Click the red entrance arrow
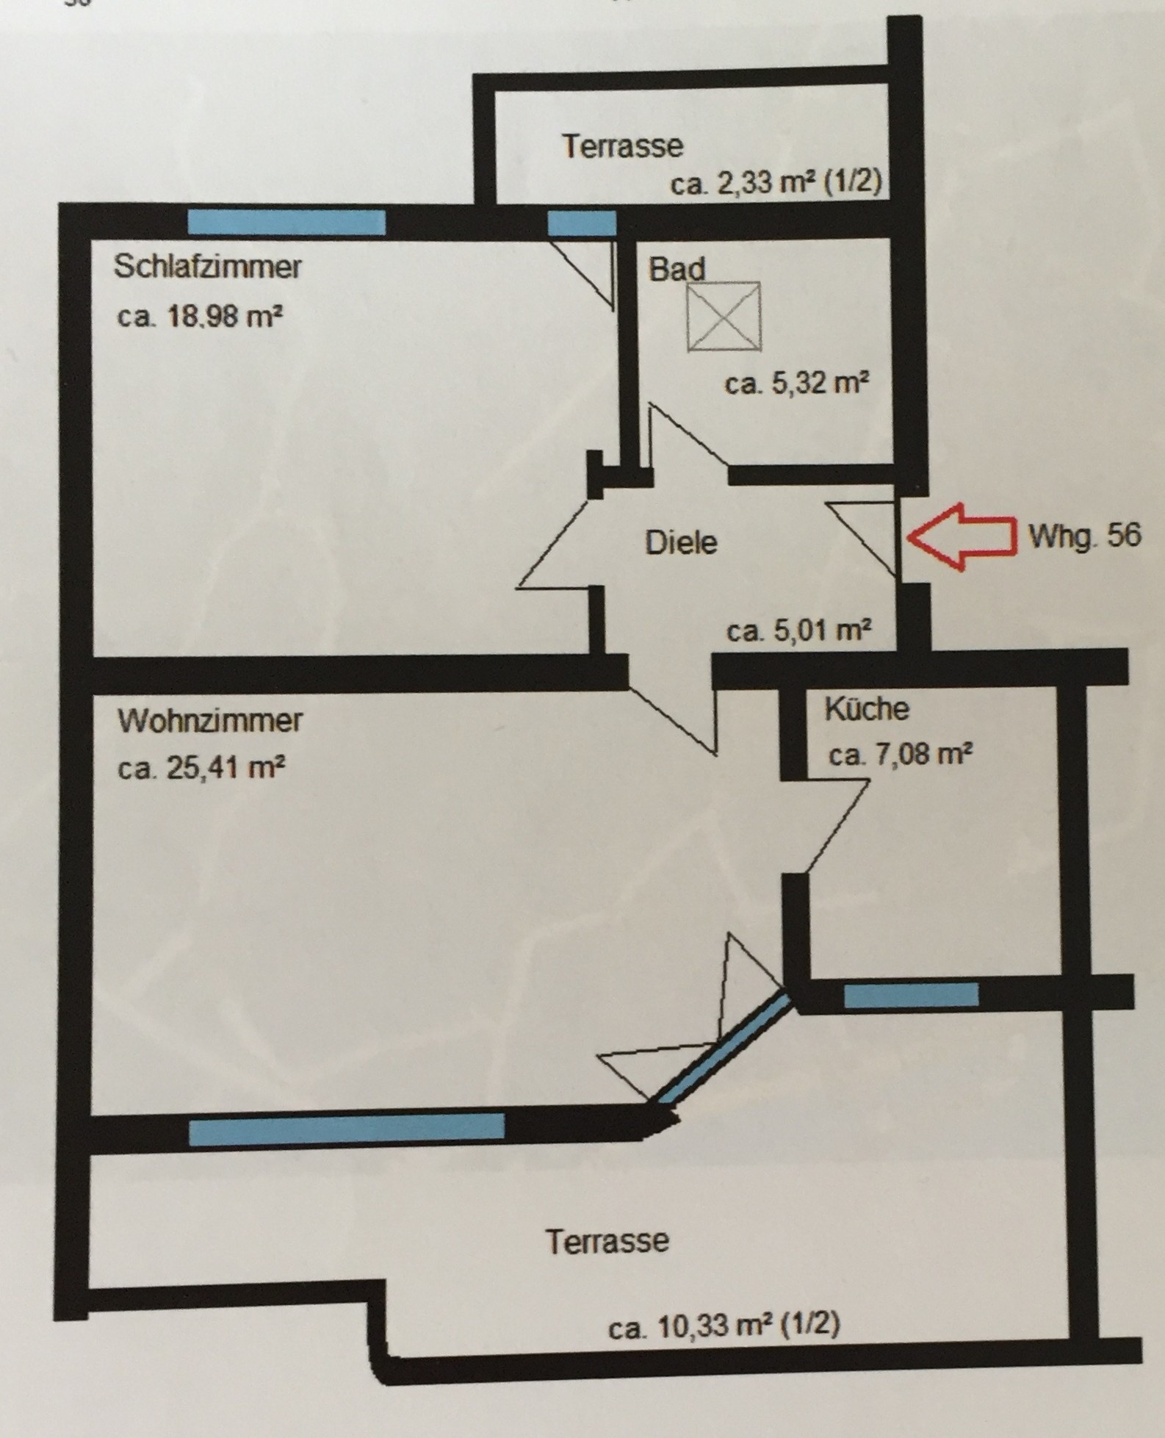tap(962, 536)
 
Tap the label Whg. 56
tap(1085, 536)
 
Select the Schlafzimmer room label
tap(208, 266)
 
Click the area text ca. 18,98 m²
tap(201, 317)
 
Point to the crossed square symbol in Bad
tap(724, 317)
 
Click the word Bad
tap(677, 269)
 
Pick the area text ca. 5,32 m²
tap(797, 384)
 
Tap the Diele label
tap(681, 543)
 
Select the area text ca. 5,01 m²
tap(799, 630)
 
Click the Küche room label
tap(867, 709)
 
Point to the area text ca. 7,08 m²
tap(901, 755)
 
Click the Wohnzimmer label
tap(210, 721)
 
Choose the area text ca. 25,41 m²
tap(201, 769)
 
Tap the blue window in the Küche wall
tap(912, 996)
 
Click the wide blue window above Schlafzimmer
tap(286, 222)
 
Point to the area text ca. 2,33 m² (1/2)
tap(776, 184)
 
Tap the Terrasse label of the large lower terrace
tap(607, 1241)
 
